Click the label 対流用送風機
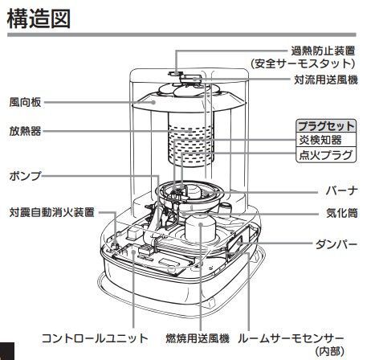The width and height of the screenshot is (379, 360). [326, 81]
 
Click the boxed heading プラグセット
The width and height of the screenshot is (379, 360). [326, 125]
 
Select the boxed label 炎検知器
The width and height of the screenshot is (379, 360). [320, 140]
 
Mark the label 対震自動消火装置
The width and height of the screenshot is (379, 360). [52, 213]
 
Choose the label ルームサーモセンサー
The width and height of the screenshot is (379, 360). [303, 337]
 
